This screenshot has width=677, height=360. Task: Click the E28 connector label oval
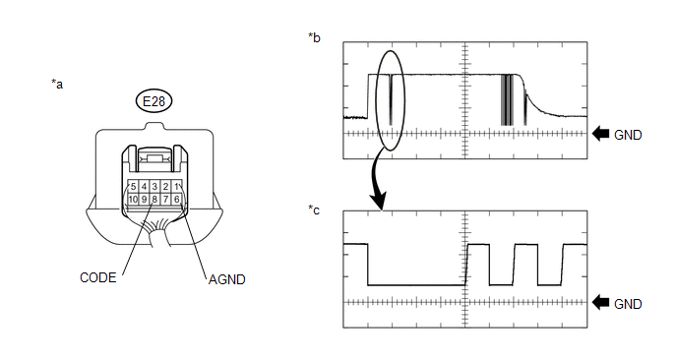[154, 101]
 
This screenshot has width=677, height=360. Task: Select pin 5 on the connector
[133, 187]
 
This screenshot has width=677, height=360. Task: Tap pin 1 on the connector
[176, 187]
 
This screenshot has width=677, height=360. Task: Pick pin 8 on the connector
[154, 199]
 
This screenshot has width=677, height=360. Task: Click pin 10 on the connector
[133, 199]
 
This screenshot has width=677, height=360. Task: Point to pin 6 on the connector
[176, 199]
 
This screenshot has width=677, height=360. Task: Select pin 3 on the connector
[154, 187]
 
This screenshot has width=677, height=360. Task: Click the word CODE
[98, 277]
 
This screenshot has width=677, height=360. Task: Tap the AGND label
[226, 279]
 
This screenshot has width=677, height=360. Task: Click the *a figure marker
[57, 84]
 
